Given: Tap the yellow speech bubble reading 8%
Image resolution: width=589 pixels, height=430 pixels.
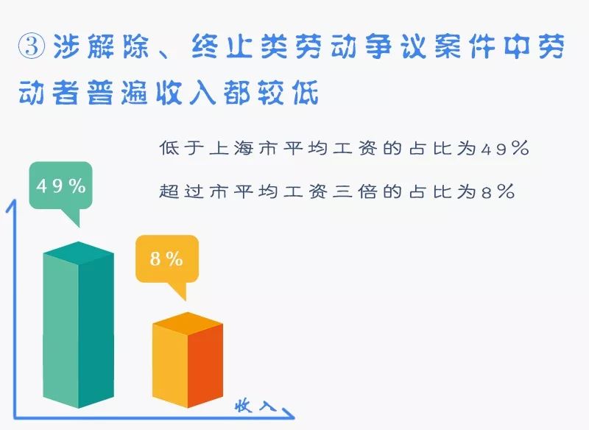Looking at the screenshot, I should (166, 259).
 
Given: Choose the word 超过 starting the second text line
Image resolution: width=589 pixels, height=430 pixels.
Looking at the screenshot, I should (176, 193).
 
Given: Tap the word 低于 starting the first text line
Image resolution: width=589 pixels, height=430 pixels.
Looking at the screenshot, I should (176, 149).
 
